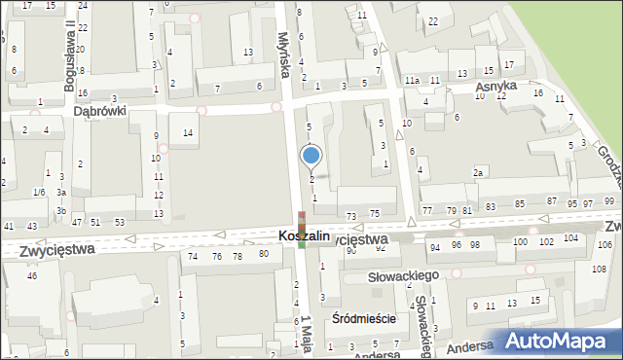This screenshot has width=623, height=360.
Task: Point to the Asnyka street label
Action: click(x=495, y=87)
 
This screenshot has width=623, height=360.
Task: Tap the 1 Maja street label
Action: click(x=306, y=334)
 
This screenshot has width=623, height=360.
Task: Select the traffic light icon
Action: click(x=302, y=230)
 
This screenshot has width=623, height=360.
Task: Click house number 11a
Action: click(x=413, y=80)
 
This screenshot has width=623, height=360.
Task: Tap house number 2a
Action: click(x=478, y=172)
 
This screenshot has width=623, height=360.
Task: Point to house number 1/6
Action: click(x=38, y=193)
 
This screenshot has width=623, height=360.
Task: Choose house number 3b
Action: click(x=60, y=210)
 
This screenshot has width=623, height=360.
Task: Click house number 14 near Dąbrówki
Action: click(x=188, y=132)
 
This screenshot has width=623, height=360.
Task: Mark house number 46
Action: click(x=31, y=276)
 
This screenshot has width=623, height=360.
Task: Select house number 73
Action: click(x=350, y=213)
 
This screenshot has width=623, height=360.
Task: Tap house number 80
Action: click(x=263, y=254)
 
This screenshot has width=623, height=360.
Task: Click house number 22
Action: click(x=433, y=20)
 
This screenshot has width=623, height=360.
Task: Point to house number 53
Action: click(x=119, y=223)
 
